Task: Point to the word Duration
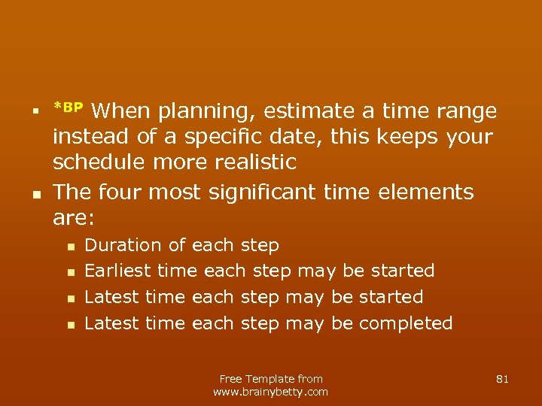pyautogui.click(x=123, y=245)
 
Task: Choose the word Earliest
pyautogui.click(x=118, y=271)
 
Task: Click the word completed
pyautogui.click(x=406, y=323)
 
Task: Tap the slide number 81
pyautogui.click(x=503, y=379)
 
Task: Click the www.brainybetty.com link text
pyautogui.click(x=271, y=392)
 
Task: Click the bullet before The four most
pyautogui.click(x=36, y=193)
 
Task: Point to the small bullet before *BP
pyautogui.click(x=36, y=112)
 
